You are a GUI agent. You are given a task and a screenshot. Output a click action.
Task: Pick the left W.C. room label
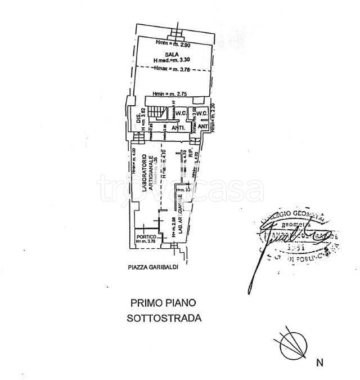(x=180, y=113)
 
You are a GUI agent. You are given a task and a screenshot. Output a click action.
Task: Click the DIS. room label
(x=138, y=119)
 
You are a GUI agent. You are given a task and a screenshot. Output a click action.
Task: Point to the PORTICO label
(x=145, y=236)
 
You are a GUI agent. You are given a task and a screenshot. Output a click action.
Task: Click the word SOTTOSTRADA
(x=164, y=318)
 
